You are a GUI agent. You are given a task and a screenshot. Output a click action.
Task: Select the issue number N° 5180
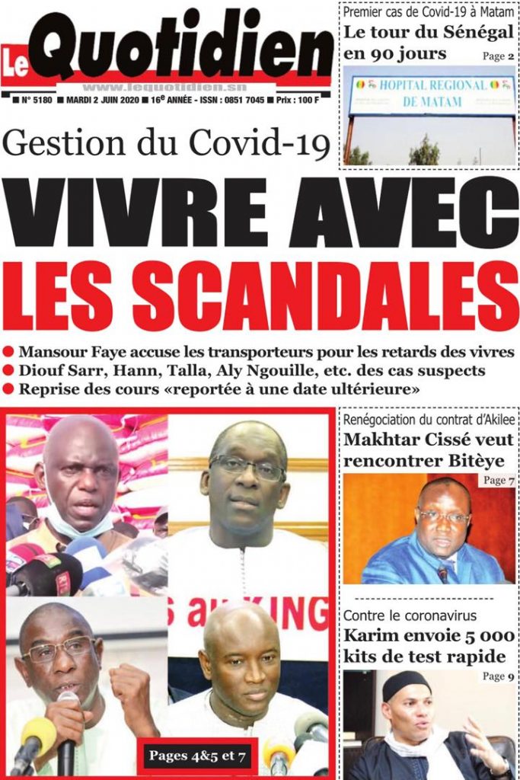(37, 100)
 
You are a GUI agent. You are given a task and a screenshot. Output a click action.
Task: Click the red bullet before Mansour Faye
(9, 352)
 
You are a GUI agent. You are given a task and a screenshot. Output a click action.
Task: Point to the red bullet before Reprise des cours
(9, 389)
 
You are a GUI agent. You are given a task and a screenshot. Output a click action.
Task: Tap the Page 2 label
(499, 56)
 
